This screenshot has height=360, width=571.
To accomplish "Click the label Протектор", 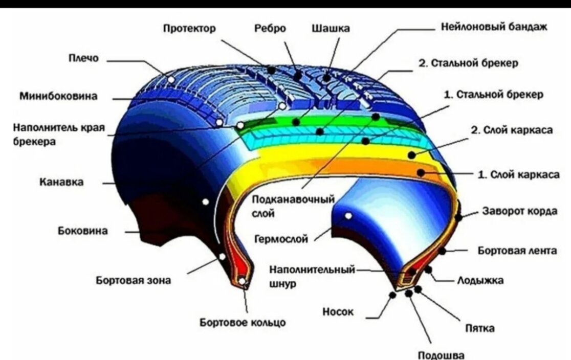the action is point(189,29).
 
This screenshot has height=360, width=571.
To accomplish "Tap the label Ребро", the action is point(270,29).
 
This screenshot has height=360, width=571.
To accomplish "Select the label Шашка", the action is point(331,29).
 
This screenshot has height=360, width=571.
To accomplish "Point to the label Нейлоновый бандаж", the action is point(494,27).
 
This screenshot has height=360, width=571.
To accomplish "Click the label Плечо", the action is point(84,59).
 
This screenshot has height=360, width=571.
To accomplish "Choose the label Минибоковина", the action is point(59,96).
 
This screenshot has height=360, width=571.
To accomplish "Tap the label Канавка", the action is point(62,182).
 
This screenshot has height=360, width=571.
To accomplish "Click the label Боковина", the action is point(82,231).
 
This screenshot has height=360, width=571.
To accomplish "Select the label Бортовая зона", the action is point(134,280).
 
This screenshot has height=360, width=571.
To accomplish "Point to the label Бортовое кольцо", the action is point(243,323).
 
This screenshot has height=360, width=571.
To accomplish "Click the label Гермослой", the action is point(281,239).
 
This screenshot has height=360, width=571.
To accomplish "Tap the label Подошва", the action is point(441,355).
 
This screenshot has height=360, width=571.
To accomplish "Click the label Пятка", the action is point(479,328).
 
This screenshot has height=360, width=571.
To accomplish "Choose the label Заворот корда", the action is point(520,212).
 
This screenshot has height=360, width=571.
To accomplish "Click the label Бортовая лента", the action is point(517,251).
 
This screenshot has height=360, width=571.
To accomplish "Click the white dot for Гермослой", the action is point(348,216).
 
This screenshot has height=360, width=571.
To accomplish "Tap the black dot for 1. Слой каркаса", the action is point(421,173).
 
